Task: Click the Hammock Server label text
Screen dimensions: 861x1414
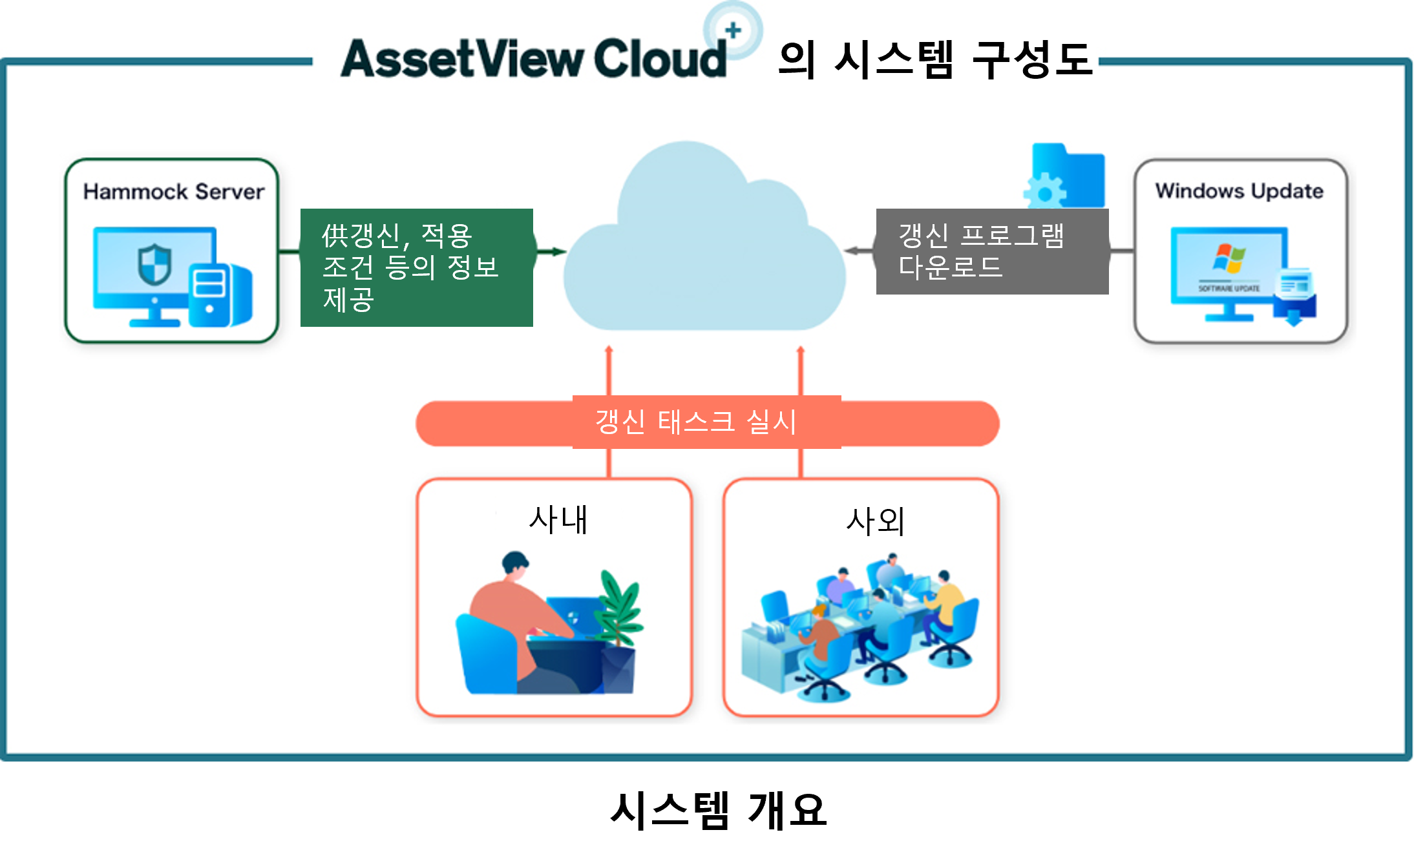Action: [x=173, y=192]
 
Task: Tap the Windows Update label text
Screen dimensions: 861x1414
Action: [x=1239, y=191]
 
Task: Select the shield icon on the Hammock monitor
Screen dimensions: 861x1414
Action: [x=154, y=264]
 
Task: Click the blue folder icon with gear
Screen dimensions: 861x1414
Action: [x=1066, y=176]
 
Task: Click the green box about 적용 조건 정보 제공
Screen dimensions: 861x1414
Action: [x=416, y=267]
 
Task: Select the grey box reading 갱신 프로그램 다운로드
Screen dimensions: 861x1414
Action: [x=992, y=251]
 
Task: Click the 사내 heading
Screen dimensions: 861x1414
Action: [x=558, y=520]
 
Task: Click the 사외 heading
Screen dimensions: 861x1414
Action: [x=875, y=521]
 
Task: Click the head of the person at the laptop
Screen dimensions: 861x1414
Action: [x=515, y=564]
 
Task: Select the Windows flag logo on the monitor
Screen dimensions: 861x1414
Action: [x=1229, y=258]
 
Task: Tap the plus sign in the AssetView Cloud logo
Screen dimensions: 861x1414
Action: [x=733, y=30]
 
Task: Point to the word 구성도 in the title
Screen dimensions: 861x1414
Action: [x=1032, y=60]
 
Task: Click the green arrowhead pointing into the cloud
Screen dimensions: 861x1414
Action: [x=558, y=252]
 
